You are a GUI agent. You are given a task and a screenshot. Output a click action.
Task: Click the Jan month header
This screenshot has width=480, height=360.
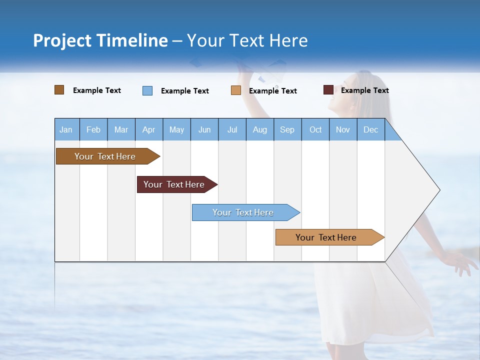tap(66, 129)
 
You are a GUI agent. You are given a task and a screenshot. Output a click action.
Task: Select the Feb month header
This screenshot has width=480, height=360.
tap(93, 129)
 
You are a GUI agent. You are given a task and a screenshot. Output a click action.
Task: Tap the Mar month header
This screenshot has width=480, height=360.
tap(121, 129)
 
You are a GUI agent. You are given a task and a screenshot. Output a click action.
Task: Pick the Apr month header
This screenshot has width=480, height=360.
tap(149, 129)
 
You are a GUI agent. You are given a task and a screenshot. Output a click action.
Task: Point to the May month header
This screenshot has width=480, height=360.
tap(176, 129)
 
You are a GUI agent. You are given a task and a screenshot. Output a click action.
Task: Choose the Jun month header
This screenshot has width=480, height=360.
tap(204, 129)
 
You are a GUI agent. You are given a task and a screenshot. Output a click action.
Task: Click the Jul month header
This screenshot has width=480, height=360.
tap(232, 129)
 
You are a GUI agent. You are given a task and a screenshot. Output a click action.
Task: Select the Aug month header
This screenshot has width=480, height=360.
tap(260, 129)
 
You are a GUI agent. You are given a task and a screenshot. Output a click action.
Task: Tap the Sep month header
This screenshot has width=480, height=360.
tap(287, 129)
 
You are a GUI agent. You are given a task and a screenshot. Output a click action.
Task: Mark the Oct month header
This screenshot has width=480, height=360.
tap(315, 129)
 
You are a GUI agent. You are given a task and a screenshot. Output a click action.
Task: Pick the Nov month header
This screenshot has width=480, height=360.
tap(343, 129)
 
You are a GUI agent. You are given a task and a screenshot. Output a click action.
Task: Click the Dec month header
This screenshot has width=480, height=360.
tap(371, 129)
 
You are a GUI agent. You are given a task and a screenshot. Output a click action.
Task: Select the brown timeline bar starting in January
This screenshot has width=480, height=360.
tap(105, 156)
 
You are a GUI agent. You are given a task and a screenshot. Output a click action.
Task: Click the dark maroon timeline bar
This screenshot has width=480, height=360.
tap(174, 184)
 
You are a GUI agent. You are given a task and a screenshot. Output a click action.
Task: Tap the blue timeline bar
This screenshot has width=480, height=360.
tap(243, 212)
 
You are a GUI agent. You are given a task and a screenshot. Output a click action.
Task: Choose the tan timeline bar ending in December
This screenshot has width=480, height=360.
tap(326, 237)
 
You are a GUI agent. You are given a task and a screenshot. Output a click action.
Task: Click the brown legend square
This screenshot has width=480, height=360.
tap(59, 90)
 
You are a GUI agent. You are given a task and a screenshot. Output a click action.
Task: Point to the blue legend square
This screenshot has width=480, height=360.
tap(147, 90)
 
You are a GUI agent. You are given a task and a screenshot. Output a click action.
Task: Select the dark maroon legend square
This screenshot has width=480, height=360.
tap(328, 90)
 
